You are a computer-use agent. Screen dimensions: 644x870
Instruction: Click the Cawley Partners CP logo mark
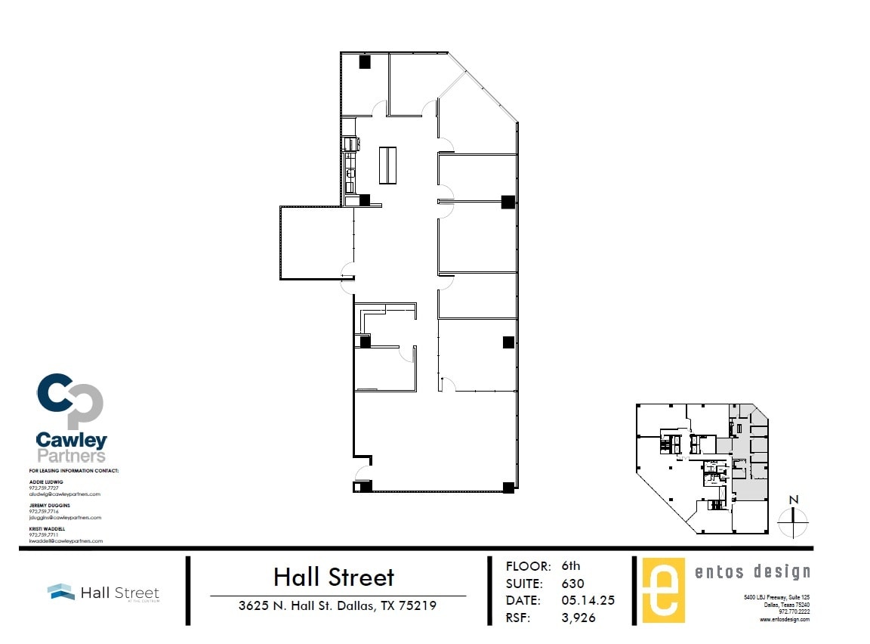(69, 401)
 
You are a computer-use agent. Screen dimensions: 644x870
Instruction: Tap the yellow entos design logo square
(663, 590)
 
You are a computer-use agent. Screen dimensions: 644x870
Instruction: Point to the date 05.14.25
(588, 600)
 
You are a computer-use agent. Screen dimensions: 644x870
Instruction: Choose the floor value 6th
(571, 566)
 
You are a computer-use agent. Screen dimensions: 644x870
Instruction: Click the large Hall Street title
(334, 577)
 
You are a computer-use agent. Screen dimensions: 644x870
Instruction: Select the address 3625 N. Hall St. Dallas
(337, 605)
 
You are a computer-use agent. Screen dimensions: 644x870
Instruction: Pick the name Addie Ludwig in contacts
(47, 481)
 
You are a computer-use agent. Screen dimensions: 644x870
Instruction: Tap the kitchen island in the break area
(389, 165)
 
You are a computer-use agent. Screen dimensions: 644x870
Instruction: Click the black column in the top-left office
(364, 63)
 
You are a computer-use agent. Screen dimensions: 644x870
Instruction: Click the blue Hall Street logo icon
(60, 592)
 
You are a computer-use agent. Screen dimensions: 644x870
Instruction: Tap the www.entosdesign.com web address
(785, 619)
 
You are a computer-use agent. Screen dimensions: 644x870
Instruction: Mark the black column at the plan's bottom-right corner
(508, 487)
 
